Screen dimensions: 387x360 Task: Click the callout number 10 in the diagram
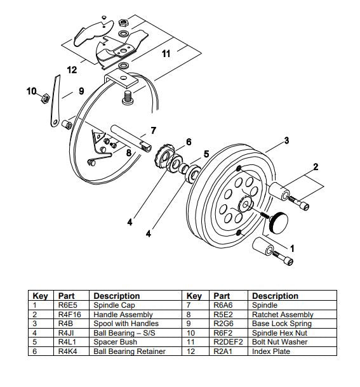[x=31, y=91]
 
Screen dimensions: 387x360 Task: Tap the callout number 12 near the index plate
[x=72, y=69]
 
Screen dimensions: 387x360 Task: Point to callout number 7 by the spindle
[x=152, y=131]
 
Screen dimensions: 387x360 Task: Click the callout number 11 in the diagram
[x=166, y=54]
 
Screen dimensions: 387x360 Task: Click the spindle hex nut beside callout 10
[x=45, y=98]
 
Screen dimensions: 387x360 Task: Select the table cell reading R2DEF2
[x=228, y=342]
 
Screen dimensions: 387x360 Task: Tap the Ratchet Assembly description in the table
[x=283, y=315]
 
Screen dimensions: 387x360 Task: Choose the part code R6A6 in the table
[x=223, y=306]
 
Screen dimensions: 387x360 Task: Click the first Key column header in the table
[x=41, y=296]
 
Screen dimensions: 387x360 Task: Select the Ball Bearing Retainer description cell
[x=130, y=351]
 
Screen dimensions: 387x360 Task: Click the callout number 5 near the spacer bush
[x=206, y=154]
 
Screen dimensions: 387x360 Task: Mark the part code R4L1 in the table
[x=66, y=342]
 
